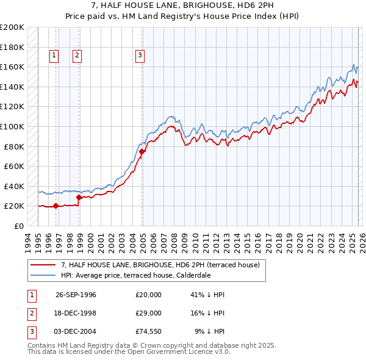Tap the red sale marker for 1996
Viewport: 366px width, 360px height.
click(56, 206)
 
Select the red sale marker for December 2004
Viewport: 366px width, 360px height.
click(142, 151)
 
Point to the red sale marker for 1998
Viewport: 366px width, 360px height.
click(79, 196)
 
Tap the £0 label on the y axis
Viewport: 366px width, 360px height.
click(18, 226)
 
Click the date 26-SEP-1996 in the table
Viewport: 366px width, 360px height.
click(76, 295)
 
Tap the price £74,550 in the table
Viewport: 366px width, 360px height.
click(149, 331)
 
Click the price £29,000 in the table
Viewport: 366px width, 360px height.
click(149, 313)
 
